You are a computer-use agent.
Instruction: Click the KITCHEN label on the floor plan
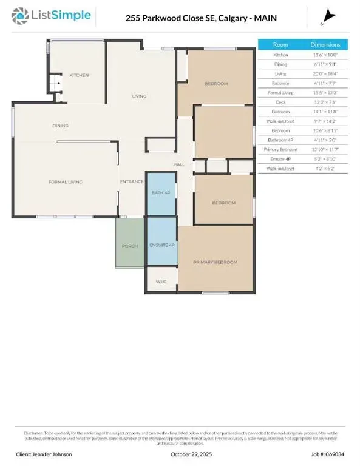[79, 75]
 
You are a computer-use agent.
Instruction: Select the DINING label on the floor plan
[60, 126]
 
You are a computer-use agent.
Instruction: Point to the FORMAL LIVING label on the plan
[65, 181]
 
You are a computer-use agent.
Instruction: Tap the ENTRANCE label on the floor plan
[131, 181]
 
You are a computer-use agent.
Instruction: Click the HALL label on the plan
[178, 164]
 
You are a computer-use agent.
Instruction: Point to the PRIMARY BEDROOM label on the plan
[215, 262]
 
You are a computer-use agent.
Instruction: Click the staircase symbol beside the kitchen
[55, 82]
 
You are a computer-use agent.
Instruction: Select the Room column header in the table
[281, 44]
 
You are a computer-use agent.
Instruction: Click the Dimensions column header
[325, 44]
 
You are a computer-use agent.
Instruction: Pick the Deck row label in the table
[281, 102]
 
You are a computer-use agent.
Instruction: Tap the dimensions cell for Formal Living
[325, 92]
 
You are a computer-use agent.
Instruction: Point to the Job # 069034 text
[327, 454]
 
